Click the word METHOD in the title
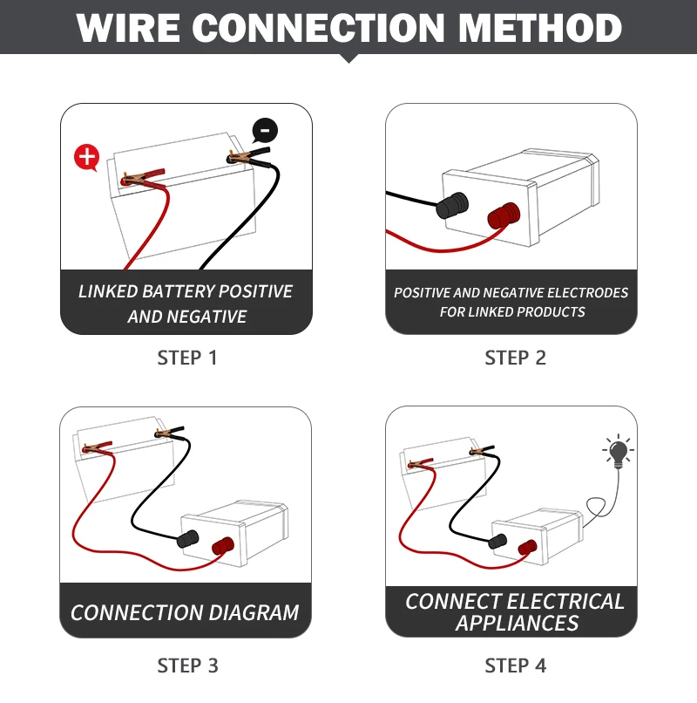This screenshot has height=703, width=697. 540,28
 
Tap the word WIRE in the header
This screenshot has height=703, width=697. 128,28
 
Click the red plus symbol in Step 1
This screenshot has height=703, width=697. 86,157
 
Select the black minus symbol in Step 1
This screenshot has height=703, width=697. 265,131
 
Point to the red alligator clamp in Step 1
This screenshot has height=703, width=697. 142,178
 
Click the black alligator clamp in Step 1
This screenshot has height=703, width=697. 248,156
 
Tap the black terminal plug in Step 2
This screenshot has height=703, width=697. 452,206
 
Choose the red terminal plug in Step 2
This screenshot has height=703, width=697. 504,215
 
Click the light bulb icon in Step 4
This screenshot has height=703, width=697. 619,452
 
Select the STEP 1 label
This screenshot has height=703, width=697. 187,358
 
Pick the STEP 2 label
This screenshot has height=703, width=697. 515,358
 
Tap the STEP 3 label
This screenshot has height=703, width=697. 187,665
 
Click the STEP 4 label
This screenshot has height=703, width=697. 515,665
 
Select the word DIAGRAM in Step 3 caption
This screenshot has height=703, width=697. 254,612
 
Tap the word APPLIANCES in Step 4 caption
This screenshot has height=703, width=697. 518,624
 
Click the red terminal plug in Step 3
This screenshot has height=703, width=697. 223,546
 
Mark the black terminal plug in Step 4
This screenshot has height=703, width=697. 497,542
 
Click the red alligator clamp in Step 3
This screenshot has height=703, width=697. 97,447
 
